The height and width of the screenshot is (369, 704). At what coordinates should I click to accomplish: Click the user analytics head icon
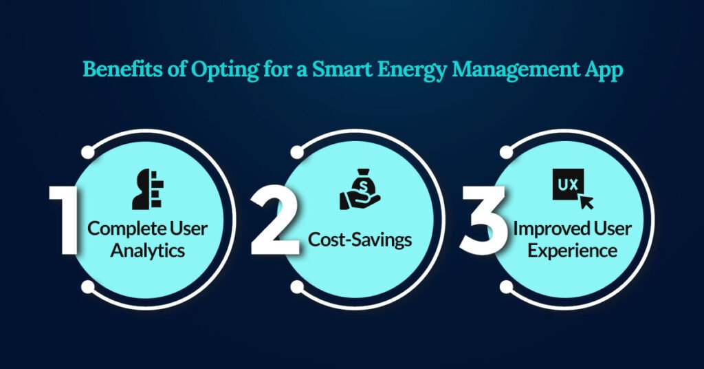coord(146,189)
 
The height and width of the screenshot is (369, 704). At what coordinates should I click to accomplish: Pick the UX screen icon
coord(572,191)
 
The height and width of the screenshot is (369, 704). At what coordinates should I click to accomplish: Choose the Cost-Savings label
coord(360,240)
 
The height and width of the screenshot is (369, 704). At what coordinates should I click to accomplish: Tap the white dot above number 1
coord(87,151)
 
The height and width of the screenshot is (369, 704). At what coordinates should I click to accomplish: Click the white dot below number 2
coord(297,286)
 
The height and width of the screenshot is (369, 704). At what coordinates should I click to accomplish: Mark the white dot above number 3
coord(506,151)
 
